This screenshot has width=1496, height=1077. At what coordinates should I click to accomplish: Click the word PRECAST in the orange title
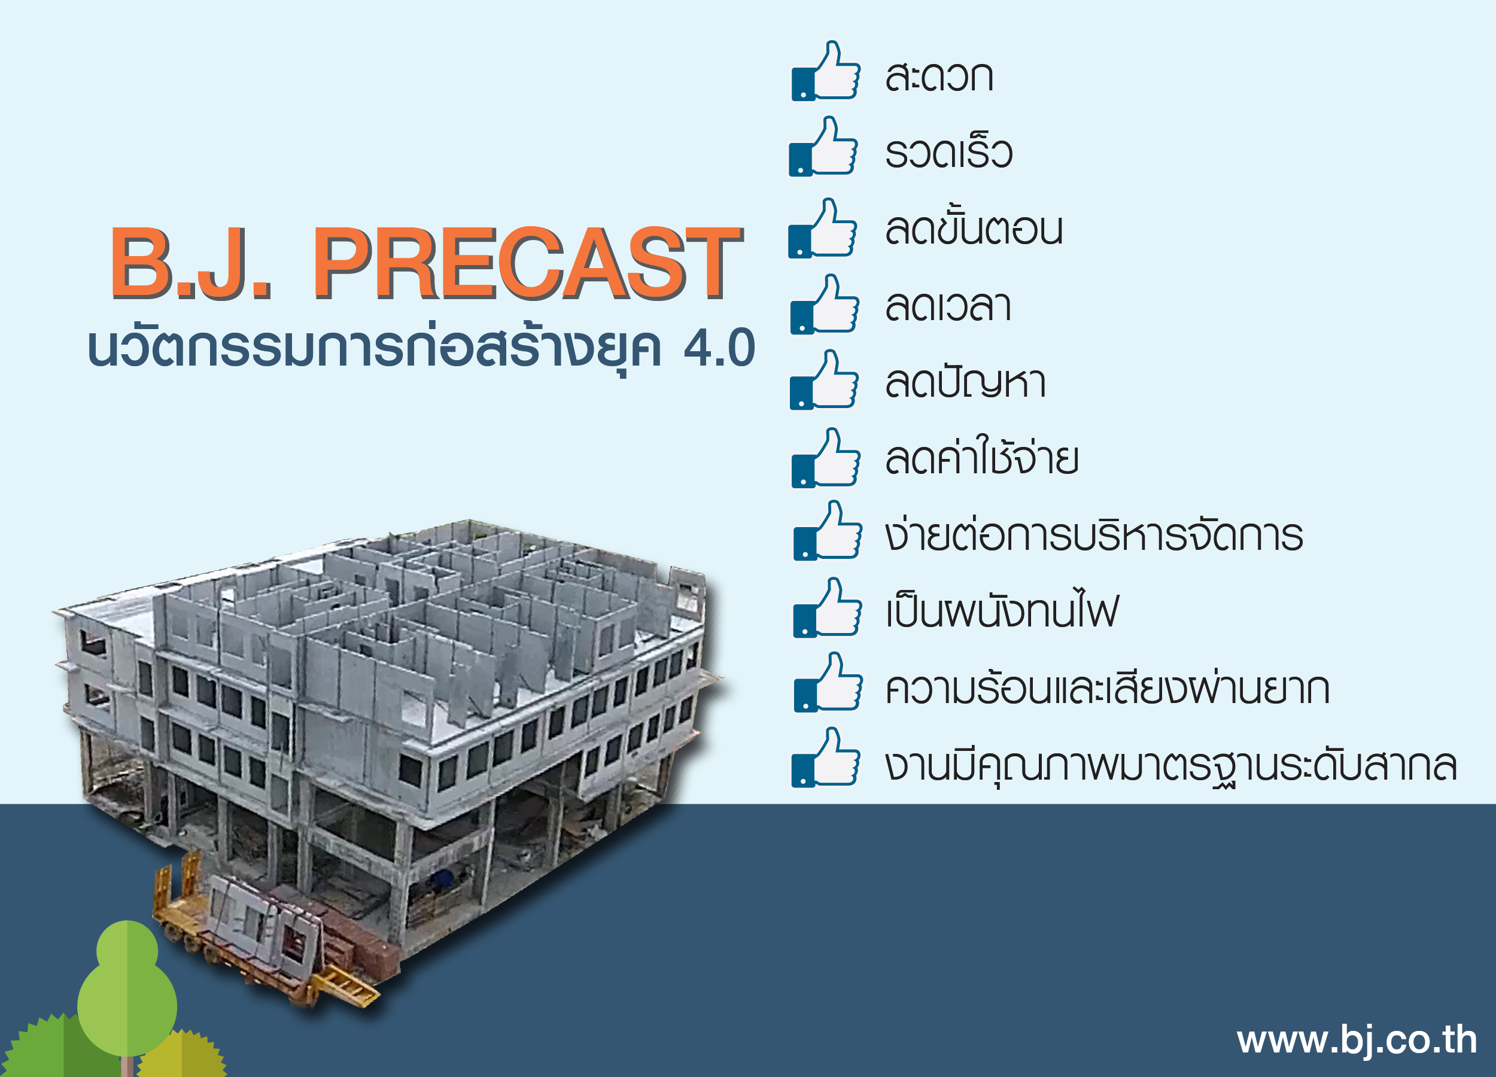point(528,263)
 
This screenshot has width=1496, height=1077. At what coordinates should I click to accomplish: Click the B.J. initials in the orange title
point(191,263)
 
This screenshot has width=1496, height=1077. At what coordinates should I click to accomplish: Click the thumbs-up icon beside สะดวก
point(826,71)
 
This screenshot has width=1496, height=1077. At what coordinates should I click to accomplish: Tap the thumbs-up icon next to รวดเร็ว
point(823,147)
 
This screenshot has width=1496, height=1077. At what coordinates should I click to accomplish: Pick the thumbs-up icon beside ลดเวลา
point(825,304)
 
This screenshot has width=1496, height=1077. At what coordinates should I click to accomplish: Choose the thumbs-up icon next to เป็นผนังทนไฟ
point(827,607)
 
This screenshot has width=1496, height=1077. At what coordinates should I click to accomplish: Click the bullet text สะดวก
point(939,77)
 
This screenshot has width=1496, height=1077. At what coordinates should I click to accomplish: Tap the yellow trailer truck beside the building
point(264,936)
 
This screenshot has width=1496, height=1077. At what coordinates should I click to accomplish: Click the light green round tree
point(127,989)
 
